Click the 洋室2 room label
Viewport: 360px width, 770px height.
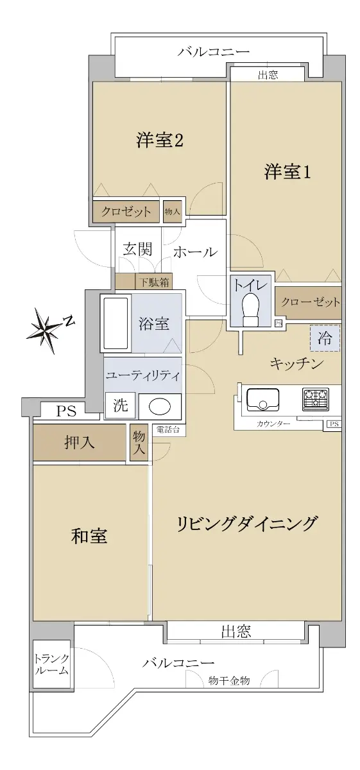[x=160, y=141]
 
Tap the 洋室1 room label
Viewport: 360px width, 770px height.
[x=287, y=171]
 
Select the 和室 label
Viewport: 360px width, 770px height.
[x=89, y=536]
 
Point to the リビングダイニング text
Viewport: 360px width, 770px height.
[x=246, y=524]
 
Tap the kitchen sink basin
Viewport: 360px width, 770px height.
[x=262, y=399]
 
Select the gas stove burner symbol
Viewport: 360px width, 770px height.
[x=316, y=399]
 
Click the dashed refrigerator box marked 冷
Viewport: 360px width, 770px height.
[x=325, y=338]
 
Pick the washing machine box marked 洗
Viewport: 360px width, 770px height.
[x=120, y=406]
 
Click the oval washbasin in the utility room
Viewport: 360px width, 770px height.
[x=160, y=407]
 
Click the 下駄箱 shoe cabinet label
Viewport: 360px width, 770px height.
[x=154, y=282]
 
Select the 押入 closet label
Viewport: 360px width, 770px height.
[x=80, y=443]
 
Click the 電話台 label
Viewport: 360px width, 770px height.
[x=167, y=429]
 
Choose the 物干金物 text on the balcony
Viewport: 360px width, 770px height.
[x=228, y=680]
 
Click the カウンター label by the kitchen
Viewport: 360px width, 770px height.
[x=273, y=424]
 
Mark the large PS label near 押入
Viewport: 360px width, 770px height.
[x=66, y=411]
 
